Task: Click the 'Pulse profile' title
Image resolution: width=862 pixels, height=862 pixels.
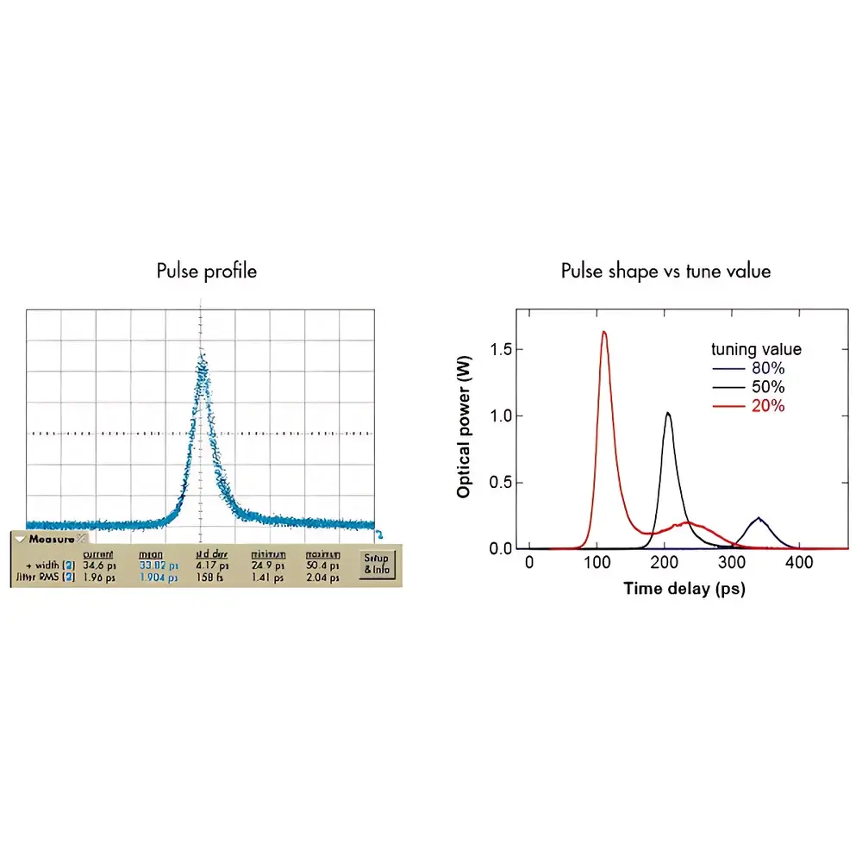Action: pyautogui.click(x=207, y=271)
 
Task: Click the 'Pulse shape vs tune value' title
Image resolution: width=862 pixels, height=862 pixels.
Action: pyautogui.click(x=665, y=271)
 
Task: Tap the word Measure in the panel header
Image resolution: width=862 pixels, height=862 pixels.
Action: pyautogui.click(x=51, y=539)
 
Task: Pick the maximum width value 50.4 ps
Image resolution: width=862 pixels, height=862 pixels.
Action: pyautogui.click(x=321, y=565)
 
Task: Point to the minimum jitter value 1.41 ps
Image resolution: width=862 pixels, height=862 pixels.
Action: pyautogui.click(x=267, y=578)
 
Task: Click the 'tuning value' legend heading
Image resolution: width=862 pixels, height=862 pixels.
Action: pyautogui.click(x=756, y=349)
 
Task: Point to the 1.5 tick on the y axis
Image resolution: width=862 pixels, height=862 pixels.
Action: pyautogui.click(x=500, y=349)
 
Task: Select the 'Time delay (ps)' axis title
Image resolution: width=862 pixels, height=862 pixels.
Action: pyautogui.click(x=684, y=590)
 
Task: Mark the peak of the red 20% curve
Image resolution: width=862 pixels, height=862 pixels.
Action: pyautogui.click(x=604, y=332)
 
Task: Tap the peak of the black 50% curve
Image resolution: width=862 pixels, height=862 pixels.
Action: pyautogui.click(x=667, y=413)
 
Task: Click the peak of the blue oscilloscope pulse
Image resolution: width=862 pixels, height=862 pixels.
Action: pyautogui.click(x=202, y=353)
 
